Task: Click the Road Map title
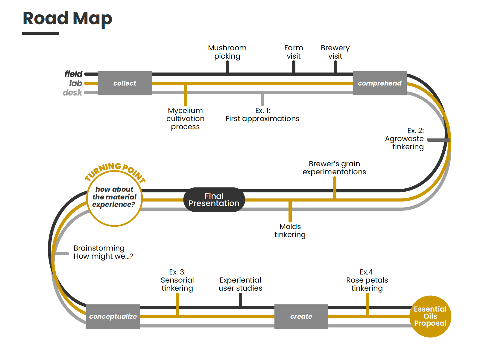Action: (67, 19)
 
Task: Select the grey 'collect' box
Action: (125, 83)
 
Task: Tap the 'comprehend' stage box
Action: (379, 83)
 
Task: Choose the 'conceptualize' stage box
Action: (113, 316)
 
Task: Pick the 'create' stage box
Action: (301, 316)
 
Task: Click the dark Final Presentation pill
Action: (214, 200)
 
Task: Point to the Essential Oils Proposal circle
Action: (430, 316)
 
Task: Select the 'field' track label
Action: (73, 74)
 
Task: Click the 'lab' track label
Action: (76, 83)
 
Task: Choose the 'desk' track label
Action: (72, 93)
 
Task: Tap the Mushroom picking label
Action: (227, 52)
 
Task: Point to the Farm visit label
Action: (294, 52)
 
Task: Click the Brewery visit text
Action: (335, 52)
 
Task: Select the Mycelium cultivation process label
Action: (185, 119)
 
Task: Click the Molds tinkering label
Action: (290, 231)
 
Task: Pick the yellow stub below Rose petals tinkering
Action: (367, 303)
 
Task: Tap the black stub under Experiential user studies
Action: (240, 300)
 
